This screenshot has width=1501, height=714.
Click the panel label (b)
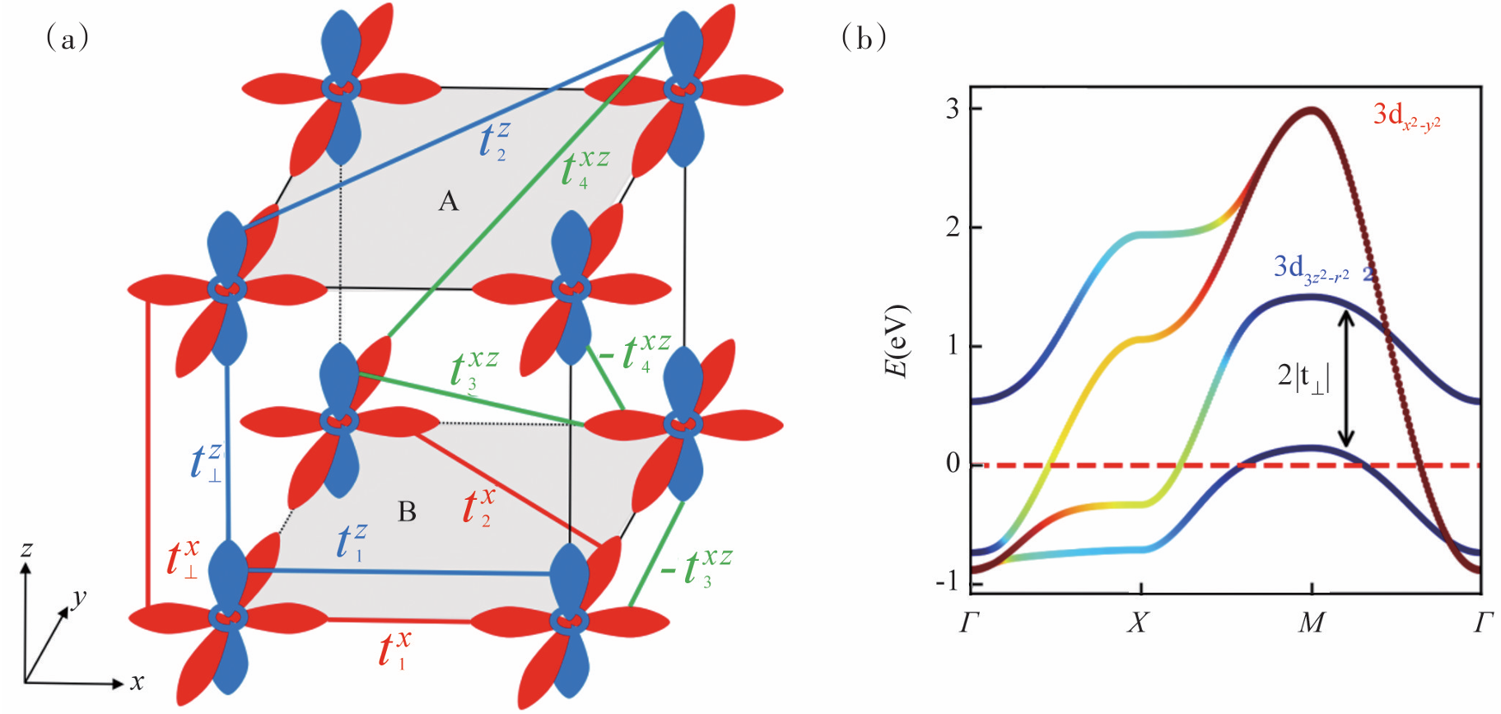click(864, 38)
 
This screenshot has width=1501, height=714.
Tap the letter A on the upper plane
click(448, 201)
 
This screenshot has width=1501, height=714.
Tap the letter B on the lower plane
click(407, 512)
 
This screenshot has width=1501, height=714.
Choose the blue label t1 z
click(351, 543)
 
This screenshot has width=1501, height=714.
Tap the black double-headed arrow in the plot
click(1345, 378)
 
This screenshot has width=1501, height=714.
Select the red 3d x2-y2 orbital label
click(1406, 116)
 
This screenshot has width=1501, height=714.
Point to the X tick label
click(1138, 623)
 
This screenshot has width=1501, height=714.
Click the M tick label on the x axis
click(1312, 623)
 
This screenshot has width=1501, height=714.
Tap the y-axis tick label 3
click(953, 109)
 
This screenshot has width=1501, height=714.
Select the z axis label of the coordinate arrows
click(26, 548)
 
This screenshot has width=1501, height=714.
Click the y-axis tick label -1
click(948, 581)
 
